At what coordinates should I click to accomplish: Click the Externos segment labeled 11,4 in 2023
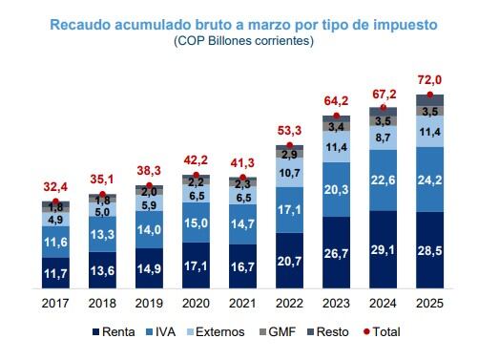click(336, 147)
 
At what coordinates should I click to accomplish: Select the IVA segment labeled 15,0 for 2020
click(196, 223)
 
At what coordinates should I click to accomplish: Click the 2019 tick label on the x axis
click(149, 303)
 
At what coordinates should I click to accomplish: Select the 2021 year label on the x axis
click(242, 303)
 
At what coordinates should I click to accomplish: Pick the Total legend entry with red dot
click(381, 333)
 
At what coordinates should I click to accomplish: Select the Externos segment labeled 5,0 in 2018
click(102, 212)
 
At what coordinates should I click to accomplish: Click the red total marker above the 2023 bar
click(336, 115)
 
